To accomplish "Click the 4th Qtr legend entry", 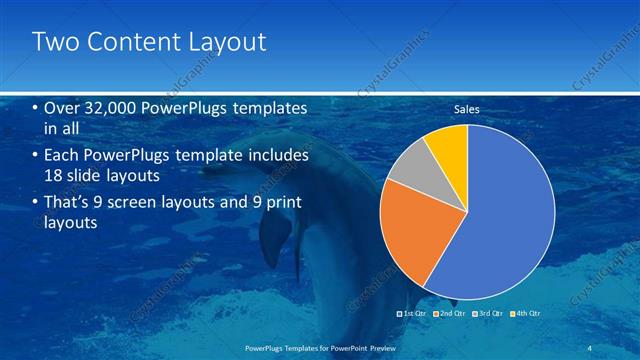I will [x=527, y=314].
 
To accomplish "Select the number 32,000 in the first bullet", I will [x=109, y=108].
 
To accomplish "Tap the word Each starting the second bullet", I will [x=61, y=157].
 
